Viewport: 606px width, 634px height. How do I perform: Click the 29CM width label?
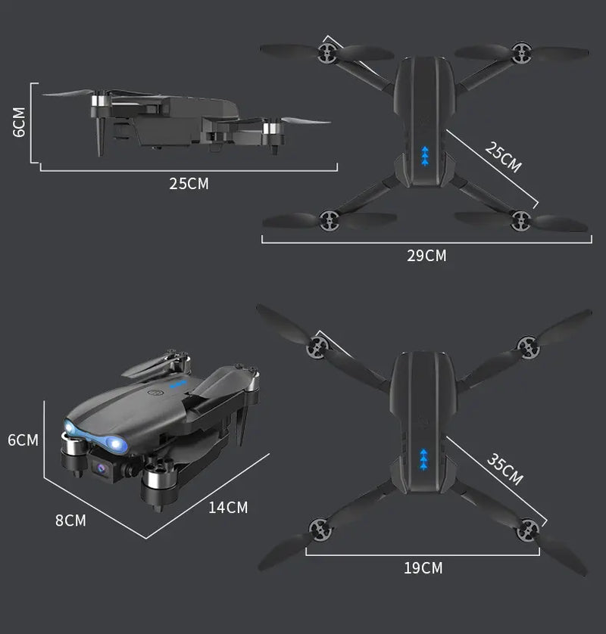(x=426, y=256)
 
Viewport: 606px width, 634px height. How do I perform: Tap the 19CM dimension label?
(x=423, y=567)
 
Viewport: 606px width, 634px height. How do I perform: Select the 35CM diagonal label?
(x=504, y=470)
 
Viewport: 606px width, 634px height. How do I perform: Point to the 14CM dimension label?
(x=228, y=508)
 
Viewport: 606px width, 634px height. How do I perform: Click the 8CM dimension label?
(x=70, y=521)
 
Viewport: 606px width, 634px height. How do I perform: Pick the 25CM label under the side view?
(x=189, y=183)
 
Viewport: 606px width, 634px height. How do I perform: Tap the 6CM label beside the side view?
(x=19, y=122)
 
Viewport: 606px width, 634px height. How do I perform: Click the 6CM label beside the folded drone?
(x=23, y=440)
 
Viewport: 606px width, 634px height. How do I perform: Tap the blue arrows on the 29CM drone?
(x=425, y=154)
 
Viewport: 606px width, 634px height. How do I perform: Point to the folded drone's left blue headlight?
(x=72, y=430)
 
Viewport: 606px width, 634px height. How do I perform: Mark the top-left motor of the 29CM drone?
(x=327, y=52)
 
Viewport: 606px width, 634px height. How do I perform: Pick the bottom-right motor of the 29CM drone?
(x=520, y=220)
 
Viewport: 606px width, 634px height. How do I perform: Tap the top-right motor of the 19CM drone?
(x=527, y=346)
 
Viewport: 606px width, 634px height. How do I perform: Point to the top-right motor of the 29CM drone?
(x=520, y=52)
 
